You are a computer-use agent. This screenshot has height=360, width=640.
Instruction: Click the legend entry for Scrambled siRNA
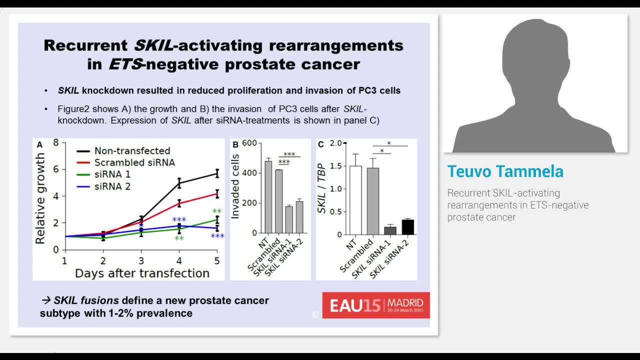pos(134,162)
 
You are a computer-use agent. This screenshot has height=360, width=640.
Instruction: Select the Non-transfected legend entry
pos(132,150)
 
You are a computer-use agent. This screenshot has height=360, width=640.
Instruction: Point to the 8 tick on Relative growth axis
pos(56,143)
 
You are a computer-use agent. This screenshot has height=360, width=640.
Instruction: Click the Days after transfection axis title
pos(142,273)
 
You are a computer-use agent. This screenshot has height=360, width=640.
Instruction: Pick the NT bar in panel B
pos(268,197)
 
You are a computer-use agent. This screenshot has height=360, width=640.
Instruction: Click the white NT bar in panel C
pos(355,200)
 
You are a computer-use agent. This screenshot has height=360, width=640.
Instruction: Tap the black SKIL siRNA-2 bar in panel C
pos(408,227)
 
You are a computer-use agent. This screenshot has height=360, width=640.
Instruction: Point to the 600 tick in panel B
pos(249,143)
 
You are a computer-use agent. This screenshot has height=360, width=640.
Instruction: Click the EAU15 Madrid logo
pos(376,305)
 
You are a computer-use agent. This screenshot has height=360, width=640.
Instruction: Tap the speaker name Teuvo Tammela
pos(505,171)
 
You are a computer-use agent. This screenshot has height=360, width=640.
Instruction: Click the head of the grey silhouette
pos(535,55)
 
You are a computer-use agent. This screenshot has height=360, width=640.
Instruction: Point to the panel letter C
pos(320,145)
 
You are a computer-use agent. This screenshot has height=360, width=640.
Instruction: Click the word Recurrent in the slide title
pos(85,45)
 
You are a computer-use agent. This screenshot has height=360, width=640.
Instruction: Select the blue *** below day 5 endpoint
pos(217,236)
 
